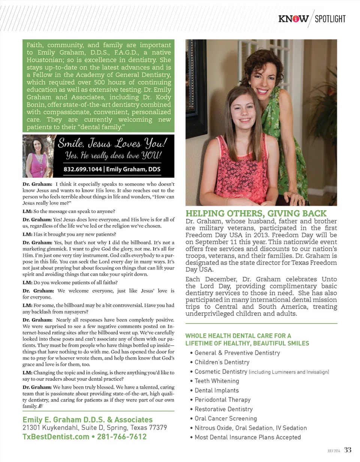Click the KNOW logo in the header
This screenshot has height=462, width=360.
coord(294,19)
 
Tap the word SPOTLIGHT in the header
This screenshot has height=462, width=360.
coord(330,19)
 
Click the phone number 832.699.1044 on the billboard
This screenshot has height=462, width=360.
coord(82,169)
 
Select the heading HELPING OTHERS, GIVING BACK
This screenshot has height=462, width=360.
coord(256,214)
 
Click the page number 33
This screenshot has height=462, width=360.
coord(348,450)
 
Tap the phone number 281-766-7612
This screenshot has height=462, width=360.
coord(122,437)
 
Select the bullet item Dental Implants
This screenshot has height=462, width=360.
coord(216,390)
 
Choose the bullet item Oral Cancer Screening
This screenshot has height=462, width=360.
coord(225,418)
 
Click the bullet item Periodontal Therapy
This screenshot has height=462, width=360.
coord(222,400)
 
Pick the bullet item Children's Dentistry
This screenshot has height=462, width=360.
coord(222,362)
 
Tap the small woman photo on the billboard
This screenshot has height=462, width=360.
coord(39,156)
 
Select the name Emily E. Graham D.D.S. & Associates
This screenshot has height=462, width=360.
coord(88,419)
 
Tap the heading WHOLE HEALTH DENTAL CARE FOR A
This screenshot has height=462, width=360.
coord(238,336)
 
